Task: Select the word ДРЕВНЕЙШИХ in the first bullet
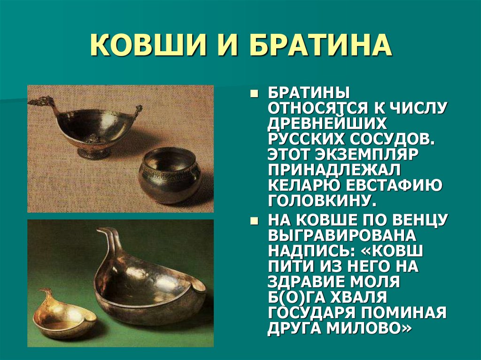[x=328, y=124]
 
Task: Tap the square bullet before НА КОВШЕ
[x=254, y=221]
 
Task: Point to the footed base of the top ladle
[x=94, y=152]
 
